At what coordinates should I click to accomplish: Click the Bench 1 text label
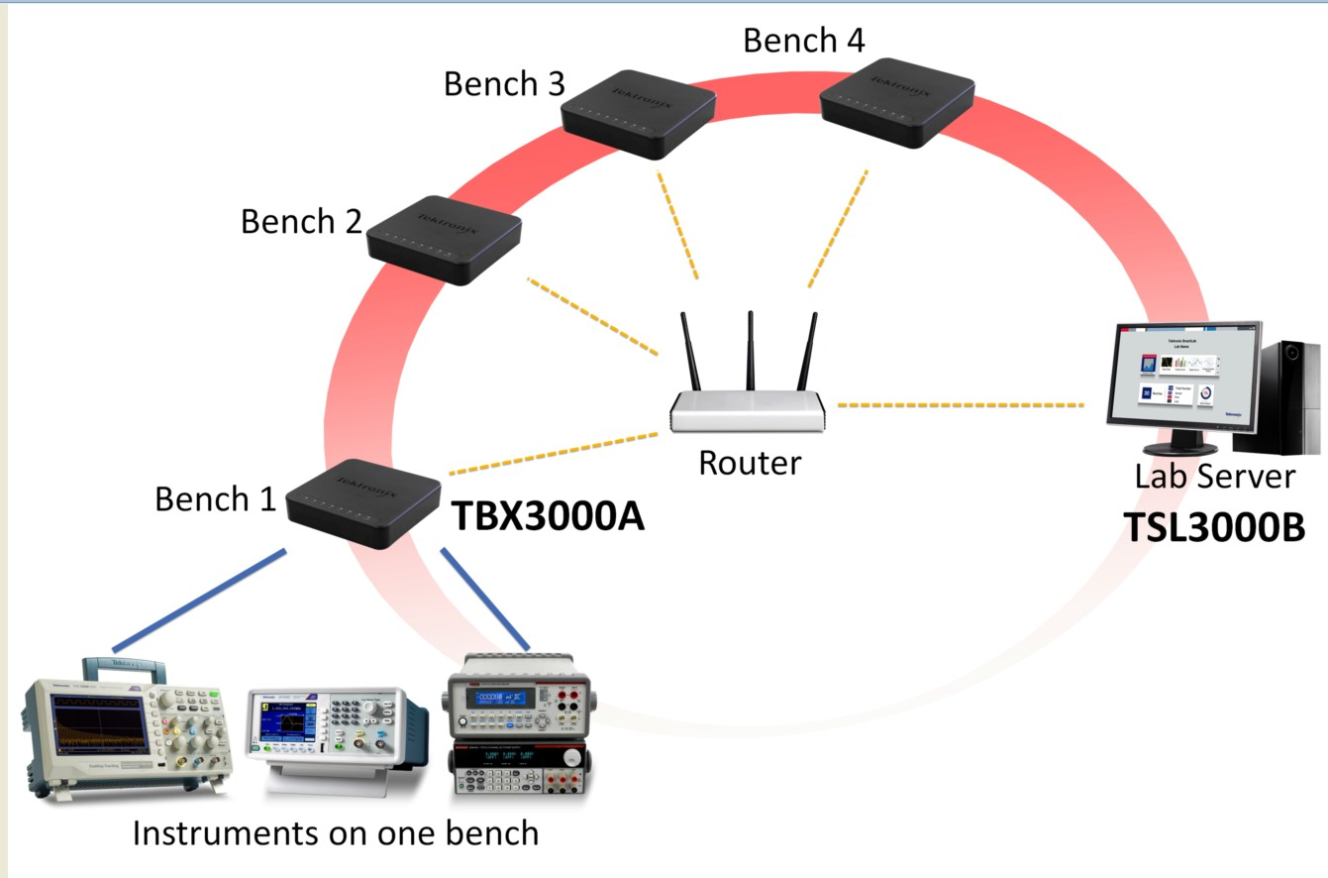point(215,499)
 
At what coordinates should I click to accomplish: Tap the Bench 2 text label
point(301,221)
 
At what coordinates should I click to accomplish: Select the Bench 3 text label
point(503,84)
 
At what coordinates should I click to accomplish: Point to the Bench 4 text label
point(803,41)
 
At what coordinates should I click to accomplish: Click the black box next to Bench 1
point(363,502)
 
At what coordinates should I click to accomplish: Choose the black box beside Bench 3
point(638,112)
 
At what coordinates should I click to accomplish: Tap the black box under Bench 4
point(897,101)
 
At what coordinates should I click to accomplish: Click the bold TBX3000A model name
point(548,516)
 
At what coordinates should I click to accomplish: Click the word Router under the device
point(749,463)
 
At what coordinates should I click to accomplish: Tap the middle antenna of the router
point(751,352)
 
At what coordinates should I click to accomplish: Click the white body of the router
point(749,411)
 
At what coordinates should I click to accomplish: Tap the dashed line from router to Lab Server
point(961,405)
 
